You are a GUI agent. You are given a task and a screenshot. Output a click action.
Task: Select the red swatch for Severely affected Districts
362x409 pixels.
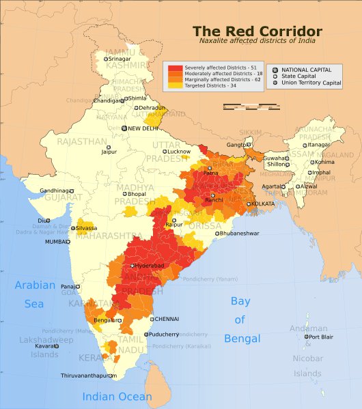click(176, 68)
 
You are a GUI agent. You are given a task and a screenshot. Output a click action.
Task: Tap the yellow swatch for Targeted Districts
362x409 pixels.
click(176, 85)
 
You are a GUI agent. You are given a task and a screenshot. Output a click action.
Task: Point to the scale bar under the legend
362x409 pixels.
click(251, 107)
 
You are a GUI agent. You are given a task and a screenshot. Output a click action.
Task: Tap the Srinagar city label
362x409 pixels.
click(120, 59)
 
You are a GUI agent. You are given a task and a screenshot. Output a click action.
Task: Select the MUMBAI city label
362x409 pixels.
click(57, 242)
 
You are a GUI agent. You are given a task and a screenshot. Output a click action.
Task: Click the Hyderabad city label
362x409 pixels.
click(149, 265)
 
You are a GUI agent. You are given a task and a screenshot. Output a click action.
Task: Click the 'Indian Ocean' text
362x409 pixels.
click(117, 397)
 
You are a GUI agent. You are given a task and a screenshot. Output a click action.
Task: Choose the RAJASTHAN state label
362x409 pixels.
click(82, 142)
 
